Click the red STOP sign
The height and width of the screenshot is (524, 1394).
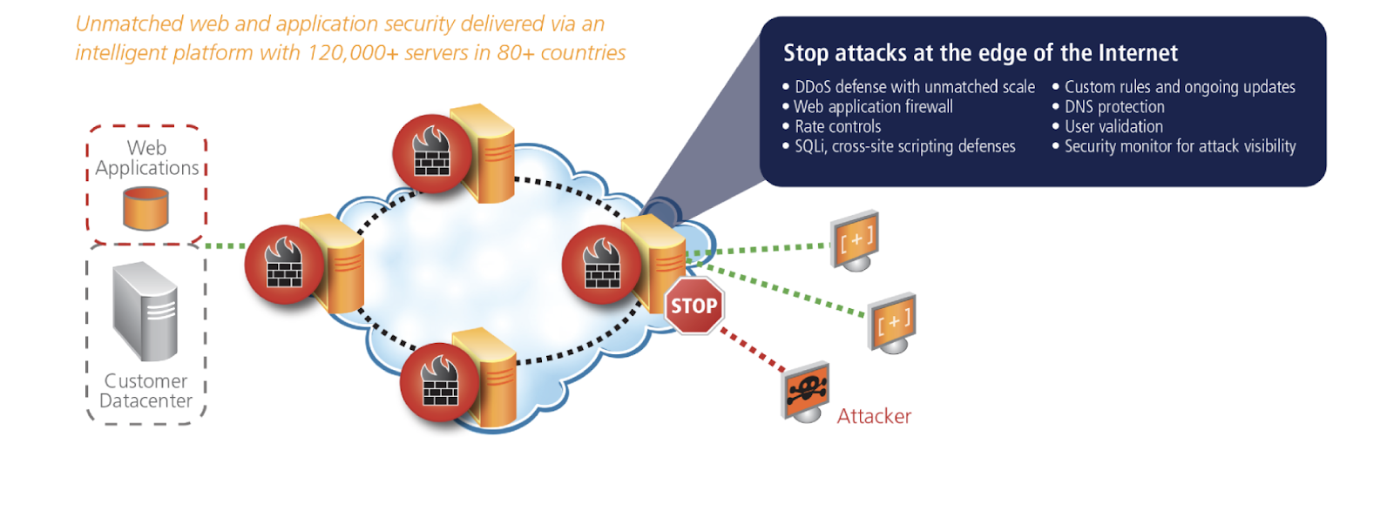point(694,306)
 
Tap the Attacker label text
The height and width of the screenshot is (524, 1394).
point(873,416)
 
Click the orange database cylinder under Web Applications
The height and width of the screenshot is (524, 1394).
point(145,208)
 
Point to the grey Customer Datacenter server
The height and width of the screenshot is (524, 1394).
point(145,311)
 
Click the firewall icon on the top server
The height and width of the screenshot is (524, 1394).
point(431,154)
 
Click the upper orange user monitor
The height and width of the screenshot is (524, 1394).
point(856,239)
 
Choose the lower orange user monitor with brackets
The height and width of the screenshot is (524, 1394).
point(893,321)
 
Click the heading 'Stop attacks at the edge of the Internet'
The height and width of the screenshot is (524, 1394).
point(980,53)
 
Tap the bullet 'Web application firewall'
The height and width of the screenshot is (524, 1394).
point(873,107)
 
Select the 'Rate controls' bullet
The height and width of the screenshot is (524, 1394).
point(837,127)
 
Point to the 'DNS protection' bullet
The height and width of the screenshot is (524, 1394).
point(1114,107)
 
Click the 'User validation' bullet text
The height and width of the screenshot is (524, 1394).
point(1113,127)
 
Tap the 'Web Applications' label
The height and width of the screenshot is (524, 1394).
point(146,158)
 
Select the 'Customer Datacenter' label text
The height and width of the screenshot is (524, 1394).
point(145,391)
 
